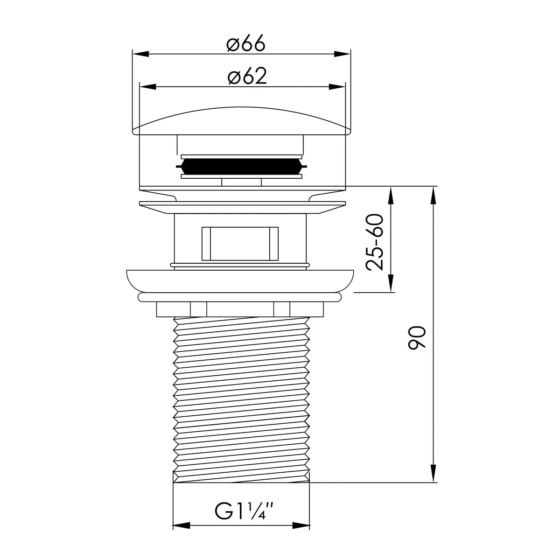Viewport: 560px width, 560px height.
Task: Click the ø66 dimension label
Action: pos(246,43)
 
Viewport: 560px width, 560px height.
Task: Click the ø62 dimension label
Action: pos(247,76)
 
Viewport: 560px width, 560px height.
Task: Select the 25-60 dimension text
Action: pos(375,242)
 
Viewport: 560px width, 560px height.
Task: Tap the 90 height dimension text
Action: pos(417,338)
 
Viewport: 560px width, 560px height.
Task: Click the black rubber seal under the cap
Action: pos(241,167)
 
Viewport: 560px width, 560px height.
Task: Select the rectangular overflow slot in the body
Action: pos(240,244)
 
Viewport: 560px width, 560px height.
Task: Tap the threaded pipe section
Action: pos(241,400)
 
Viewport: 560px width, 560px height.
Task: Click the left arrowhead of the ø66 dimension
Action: pos(140,54)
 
